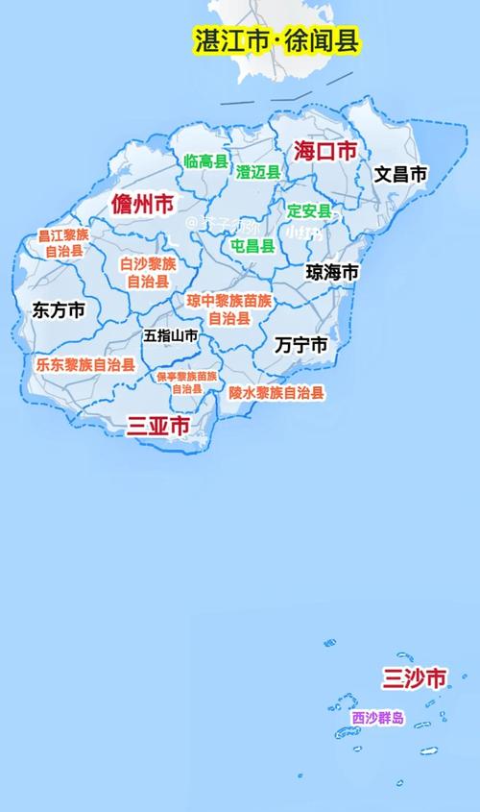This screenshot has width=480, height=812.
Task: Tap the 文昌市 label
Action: click(400, 174)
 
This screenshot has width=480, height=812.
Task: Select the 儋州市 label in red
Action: click(142, 204)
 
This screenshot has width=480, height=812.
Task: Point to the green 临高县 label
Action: click(204, 161)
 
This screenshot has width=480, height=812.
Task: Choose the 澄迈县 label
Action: click(258, 172)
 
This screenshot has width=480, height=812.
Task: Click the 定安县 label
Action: click(309, 210)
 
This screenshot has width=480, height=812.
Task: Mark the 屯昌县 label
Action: click(252, 245)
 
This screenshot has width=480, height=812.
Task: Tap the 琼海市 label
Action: click(332, 272)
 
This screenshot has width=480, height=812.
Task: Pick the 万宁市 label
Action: click(300, 344)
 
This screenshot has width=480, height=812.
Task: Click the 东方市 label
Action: click(59, 309)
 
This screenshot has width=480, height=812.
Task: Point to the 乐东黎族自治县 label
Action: click(84, 365)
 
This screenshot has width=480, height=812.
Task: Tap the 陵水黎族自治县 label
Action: click(276, 392)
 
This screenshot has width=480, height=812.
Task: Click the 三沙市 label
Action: click(414, 678)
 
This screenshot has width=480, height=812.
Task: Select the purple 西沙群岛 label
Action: click(377, 718)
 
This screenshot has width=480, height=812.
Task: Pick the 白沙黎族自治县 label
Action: click(149, 272)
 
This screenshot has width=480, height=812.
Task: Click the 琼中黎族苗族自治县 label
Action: click(229, 308)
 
